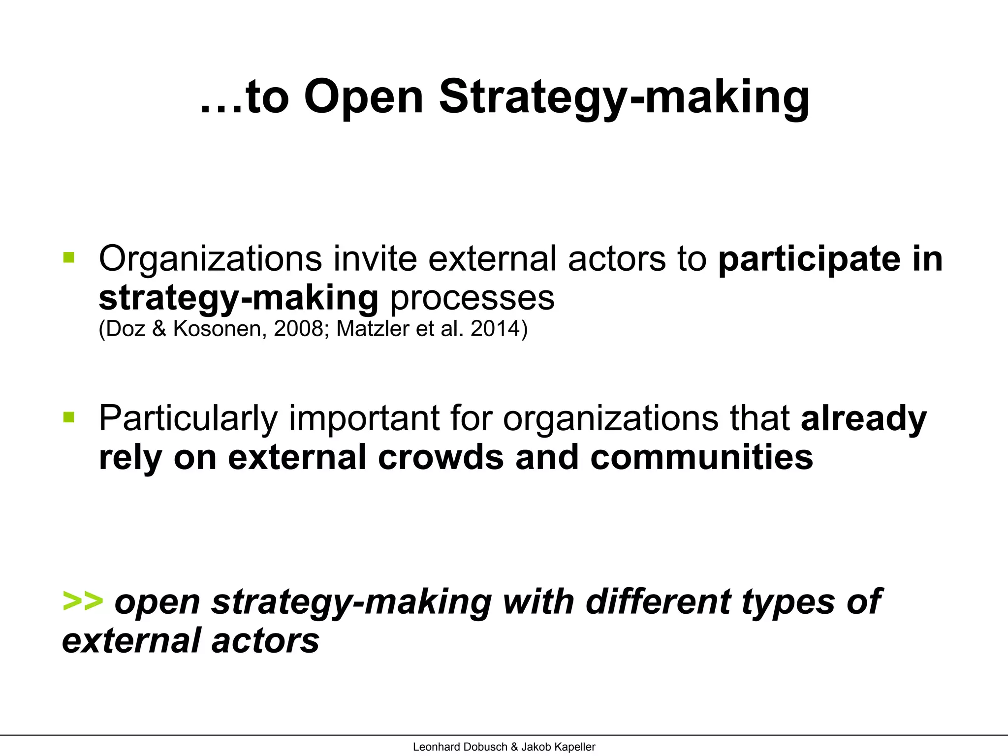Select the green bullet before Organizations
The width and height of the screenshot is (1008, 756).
[69, 257]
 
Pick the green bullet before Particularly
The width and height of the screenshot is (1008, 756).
[69, 418]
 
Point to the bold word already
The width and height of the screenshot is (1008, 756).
[864, 419]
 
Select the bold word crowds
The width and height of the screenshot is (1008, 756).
[441, 457]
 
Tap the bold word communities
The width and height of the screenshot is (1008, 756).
[701, 457]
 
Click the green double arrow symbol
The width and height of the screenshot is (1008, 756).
[83, 601]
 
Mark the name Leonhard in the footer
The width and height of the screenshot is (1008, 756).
[435, 747]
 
